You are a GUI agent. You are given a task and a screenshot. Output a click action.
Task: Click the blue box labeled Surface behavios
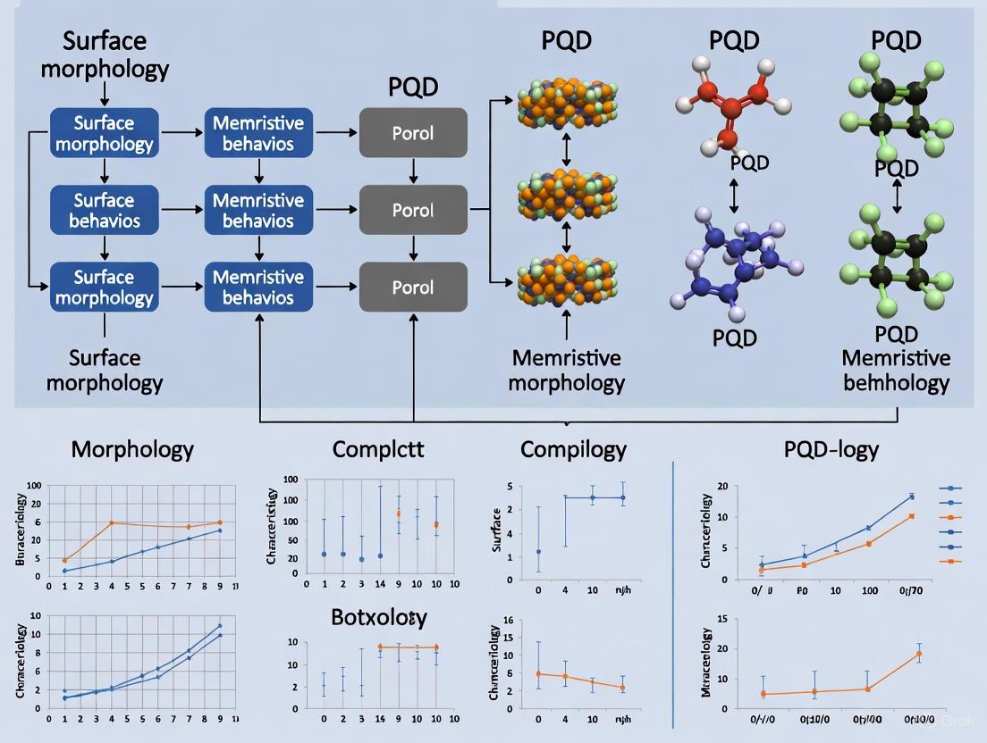click(x=105, y=211)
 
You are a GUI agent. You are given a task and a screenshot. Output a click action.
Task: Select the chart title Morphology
click(x=131, y=448)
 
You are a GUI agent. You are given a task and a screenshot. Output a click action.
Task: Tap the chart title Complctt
click(x=377, y=448)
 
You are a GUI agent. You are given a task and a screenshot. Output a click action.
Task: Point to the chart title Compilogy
click(x=573, y=448)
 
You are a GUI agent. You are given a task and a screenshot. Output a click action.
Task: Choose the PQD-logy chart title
click(x=831, y=448)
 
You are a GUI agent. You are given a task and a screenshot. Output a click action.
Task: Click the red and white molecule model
click(x=733, y=103)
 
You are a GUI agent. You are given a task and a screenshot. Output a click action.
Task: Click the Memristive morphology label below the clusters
click(x=568, y=371)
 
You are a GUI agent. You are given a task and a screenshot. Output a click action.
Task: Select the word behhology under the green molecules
click(x=896, y=384)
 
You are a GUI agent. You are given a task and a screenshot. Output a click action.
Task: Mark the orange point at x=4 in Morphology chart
click(x=112, y=523)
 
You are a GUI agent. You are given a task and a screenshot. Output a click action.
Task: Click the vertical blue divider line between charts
click(x=672, y=589)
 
